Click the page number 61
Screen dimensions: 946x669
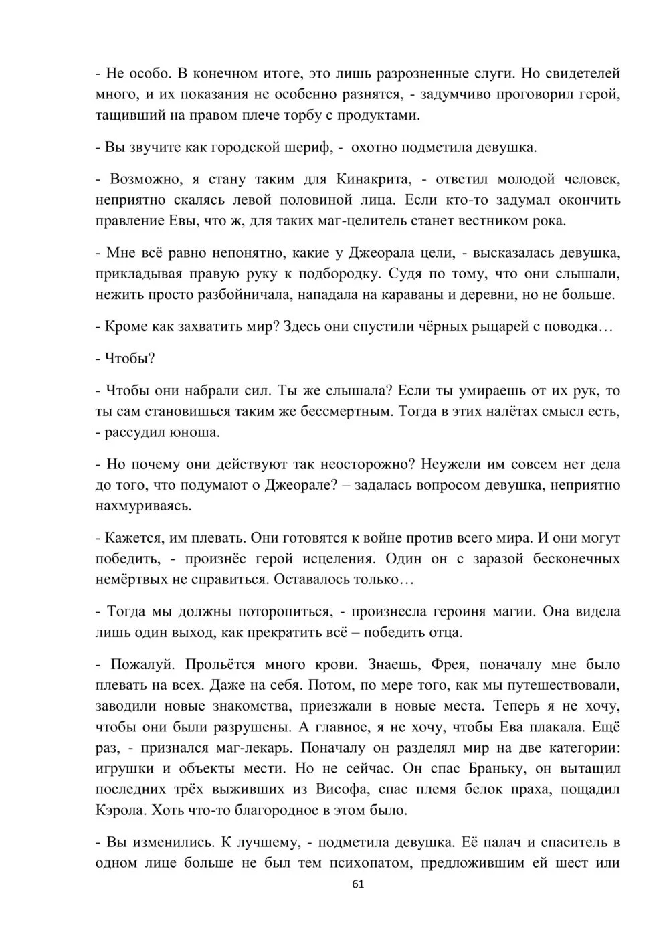tap(357, 884)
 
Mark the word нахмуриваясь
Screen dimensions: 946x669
tap(144, 506)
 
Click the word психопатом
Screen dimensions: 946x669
tap(369, 864)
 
